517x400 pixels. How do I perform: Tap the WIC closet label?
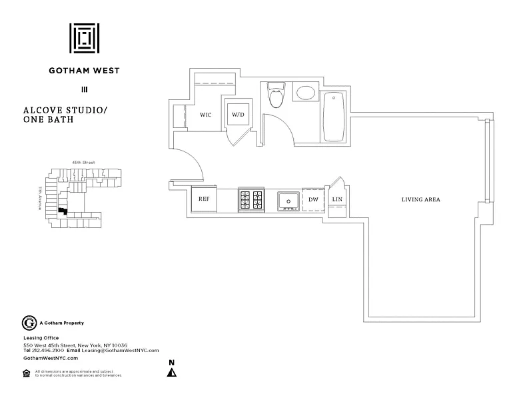pos(206,115)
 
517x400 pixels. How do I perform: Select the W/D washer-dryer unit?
pos(238,115)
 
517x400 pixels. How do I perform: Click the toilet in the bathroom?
pos(275,95)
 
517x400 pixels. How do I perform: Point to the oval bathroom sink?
pos(306,93)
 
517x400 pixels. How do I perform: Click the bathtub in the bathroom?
pos(334,117)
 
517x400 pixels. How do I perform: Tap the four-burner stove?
pos(251,200)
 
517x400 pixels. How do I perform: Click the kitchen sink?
pos(288,200)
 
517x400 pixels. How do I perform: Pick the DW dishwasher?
pos(312,200)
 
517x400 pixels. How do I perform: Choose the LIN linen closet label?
pos(337,199)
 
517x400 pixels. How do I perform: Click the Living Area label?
pos(420,199)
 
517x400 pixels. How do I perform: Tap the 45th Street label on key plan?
pos(84,162)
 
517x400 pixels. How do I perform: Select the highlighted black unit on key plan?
pos(62,211)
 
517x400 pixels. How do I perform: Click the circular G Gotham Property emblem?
pos(29,323)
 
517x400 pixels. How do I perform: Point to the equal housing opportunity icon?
pos(27,373)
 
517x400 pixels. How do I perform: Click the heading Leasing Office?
pos(41,338)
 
